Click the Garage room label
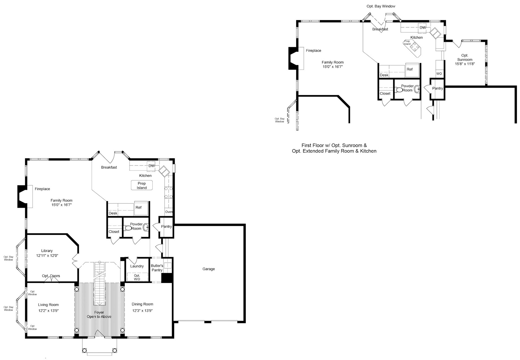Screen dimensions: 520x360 pos(209,269)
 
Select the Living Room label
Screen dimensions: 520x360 pos(48,305)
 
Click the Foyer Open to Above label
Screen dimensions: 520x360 pos(99,314)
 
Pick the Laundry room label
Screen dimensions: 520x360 pos(137,266)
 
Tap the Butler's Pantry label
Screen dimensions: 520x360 pos(157,268)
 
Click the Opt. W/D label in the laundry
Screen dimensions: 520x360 pos(137,277)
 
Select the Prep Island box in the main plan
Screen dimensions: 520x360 pos(142,185)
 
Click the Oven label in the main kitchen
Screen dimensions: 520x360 pos(169,212)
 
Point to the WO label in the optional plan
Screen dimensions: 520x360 pos(439,74)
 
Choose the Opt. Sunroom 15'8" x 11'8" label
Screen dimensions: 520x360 pos(465,60)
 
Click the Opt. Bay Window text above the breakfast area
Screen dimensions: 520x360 pos(381,6)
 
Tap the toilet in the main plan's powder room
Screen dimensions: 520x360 pos(128,228)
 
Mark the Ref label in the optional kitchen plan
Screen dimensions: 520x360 pos(409,69)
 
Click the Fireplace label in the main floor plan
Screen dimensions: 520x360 pos(42,189)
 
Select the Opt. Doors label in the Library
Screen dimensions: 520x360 pos(51,276)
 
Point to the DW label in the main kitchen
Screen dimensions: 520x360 pos(152,166)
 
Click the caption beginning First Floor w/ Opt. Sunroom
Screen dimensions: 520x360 pos(334,148)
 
